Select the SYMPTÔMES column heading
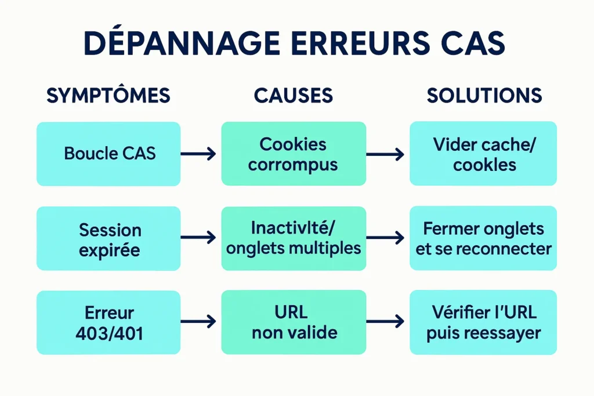tap(108, 96)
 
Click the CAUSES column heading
tap(294, 96)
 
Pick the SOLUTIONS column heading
tap(484, 96)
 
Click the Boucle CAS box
tap(108, 154)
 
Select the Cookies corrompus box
tap(294, 154)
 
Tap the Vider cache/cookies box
tap(484, 154)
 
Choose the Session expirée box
tap(108, 239)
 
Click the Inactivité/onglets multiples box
tap(294, 238)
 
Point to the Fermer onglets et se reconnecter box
tap(484, 238)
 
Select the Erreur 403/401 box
tap(108, 322)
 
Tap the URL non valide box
tap(294, 322)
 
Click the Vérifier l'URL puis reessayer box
tap(484, 322)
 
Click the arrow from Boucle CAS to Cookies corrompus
tap(198, 154)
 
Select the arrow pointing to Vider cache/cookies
tap(386, 154)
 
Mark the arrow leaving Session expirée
tap(198, 237)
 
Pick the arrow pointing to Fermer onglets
tap(386, 237)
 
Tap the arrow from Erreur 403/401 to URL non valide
tap(198, 321)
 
